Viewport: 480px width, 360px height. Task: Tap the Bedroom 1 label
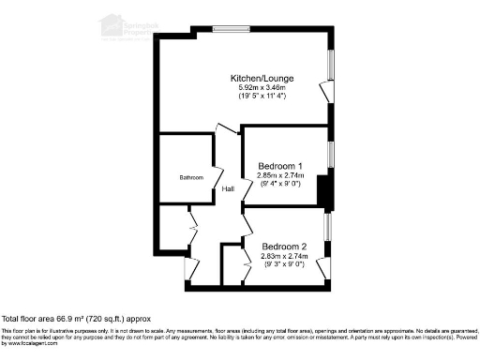coord(278,166)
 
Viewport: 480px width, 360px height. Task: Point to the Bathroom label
coord(192,177)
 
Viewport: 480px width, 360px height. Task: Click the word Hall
coord(228,190)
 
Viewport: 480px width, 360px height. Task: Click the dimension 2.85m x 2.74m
coord(278,175)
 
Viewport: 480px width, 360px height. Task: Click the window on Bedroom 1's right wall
coord(330,154)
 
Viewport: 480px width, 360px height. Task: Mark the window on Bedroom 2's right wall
coord(326,228)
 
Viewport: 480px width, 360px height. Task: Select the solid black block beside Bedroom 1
coord(324,192)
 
